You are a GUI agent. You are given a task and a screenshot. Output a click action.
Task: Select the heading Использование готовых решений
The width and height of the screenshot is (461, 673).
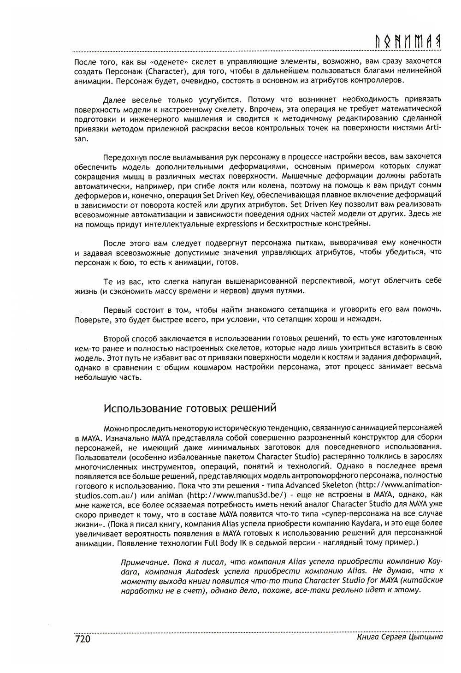click(x=189, y=408)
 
